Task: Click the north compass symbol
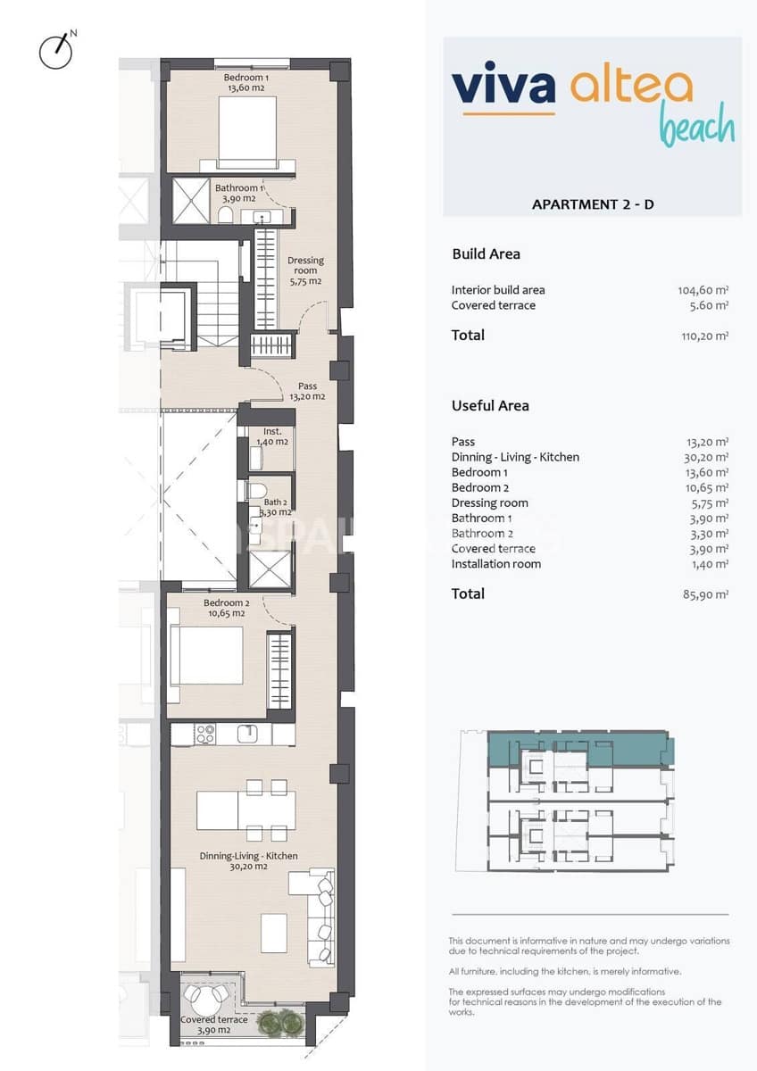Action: [x=56, y=52]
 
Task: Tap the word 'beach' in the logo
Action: [x=697, y=126]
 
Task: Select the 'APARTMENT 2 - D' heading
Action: [x=593, y=204]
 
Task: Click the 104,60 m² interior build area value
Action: [x=703, y=290]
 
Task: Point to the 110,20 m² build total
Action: [x=703, y=336]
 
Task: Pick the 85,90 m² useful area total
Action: [x=704, y=594]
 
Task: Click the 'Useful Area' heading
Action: [x=490, y=405]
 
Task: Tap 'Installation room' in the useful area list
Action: [x=495, y=564]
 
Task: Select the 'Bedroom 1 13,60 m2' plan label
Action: [x=246, y=83]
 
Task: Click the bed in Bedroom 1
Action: [x=246, y=129]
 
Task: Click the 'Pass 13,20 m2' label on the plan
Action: [x=306, y=392]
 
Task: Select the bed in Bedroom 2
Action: [x=206, y=656]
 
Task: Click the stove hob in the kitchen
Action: [x=205, y=734]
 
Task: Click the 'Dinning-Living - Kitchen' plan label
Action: [x=248, y=860]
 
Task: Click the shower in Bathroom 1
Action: [x=189, y=199]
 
